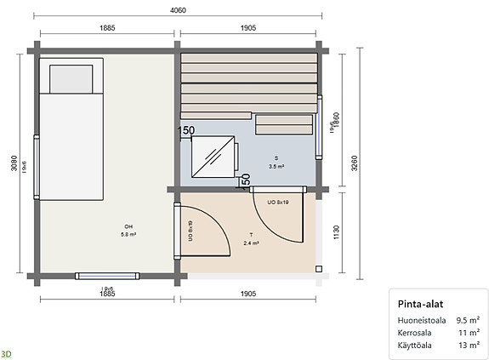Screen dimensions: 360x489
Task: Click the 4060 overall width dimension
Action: coord(179,10)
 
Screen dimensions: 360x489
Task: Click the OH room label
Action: coord(128,226)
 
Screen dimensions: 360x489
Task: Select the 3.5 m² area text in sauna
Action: coord(276,168)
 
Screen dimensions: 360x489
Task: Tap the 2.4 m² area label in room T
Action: coord(252,243)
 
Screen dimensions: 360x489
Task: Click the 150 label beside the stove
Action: coord(186,130)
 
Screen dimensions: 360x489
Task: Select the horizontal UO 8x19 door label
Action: coord(279,203)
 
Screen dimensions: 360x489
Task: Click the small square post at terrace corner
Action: coord(319,268)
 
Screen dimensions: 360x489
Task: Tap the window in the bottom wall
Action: coord(106,275)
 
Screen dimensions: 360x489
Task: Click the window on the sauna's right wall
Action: coord(321,126)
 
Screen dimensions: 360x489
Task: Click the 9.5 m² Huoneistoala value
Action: coord(467,321)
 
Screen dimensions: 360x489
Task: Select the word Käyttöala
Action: coord(414,346)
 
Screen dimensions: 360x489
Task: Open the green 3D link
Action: coord(7,352)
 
